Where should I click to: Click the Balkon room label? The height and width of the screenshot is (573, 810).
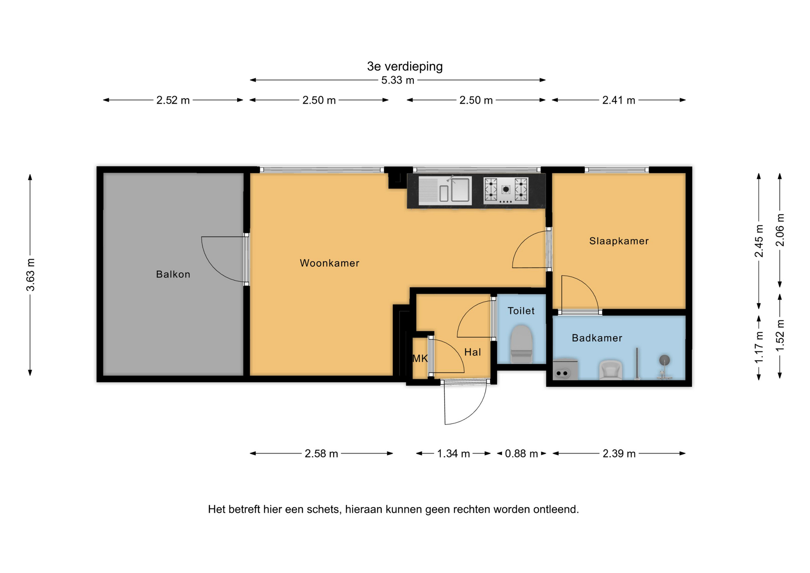[x=173, y=274]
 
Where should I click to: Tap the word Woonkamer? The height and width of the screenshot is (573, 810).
[x=329, y=263]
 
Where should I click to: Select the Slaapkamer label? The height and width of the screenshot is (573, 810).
[x=619, y=241]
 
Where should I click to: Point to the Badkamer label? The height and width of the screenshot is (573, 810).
[x=597, y=338]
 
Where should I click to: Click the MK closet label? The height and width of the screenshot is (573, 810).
[x=420, y=359]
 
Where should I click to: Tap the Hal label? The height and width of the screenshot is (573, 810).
[x=472, y=352]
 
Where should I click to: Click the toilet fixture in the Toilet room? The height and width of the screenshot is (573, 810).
[x=521, y=344]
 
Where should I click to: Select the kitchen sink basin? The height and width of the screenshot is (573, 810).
[x=460, y=190]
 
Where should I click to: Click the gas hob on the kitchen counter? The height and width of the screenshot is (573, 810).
[x=506, y=191]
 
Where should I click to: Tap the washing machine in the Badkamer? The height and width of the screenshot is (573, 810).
[x=565, y=369]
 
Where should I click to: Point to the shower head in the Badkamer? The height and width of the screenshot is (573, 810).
[x=664, y=360]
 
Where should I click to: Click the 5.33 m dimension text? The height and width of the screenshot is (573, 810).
[x=397, y=80]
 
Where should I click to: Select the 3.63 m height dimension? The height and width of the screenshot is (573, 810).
[x=30, y=275]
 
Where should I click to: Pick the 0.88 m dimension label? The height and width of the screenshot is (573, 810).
[x=521, y=454]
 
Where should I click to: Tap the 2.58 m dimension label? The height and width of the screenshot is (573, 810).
[x=321, y=454]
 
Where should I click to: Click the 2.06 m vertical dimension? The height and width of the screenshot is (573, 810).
[x=780, y=230]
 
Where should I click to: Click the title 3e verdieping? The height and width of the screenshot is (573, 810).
[x=405, y=66]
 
